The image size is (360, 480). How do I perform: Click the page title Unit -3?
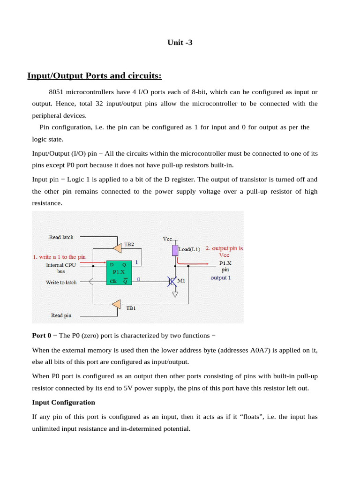click(180, 43)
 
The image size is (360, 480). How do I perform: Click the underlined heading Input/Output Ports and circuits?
click(95, 76)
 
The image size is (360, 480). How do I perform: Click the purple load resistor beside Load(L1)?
click(175, 250)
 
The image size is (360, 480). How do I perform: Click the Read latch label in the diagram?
click(61, 237)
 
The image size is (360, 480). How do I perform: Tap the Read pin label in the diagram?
click(61, 315)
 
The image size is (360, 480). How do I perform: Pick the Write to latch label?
click(61, 282)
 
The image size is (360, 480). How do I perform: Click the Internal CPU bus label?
click(61, 268)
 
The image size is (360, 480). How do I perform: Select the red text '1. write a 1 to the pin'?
click(59, 257)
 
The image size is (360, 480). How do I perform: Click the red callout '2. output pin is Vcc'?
click(225, 251)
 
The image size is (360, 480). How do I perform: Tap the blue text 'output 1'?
click(220, 277)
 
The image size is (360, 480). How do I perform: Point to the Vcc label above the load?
click(168, 239)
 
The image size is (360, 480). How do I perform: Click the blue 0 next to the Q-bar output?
click(139, 279)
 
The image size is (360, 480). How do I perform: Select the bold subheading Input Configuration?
click(63, 402)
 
